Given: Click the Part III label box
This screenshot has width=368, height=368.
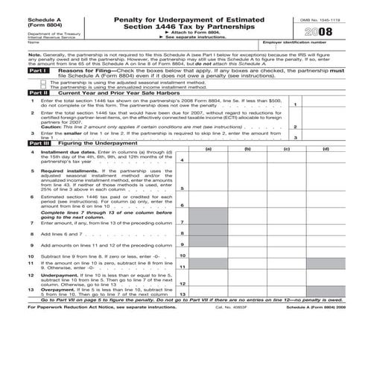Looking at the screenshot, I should (16, 142).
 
